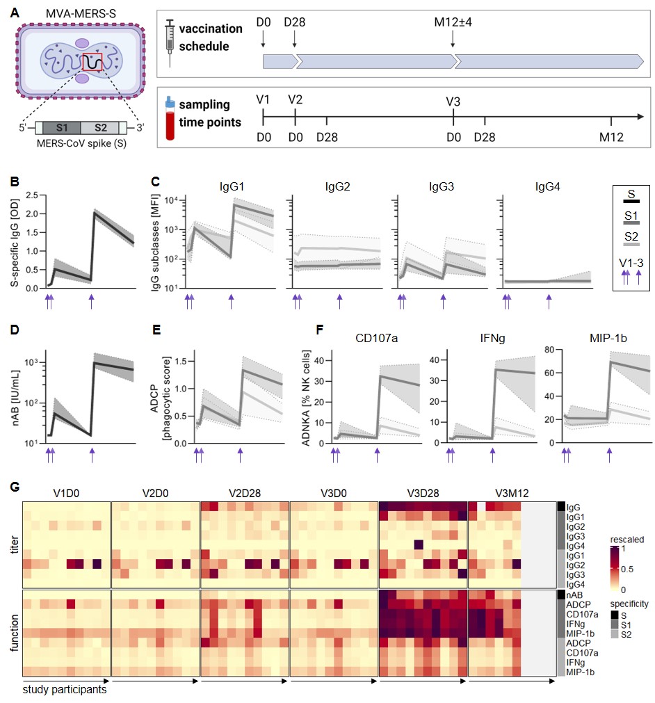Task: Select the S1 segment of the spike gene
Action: pyautogui.click(x=61, y=128)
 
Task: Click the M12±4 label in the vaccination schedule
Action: pyautogui.click(x=453, y=22)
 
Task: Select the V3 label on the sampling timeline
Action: pyautogui.click(x=453, y=102)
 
